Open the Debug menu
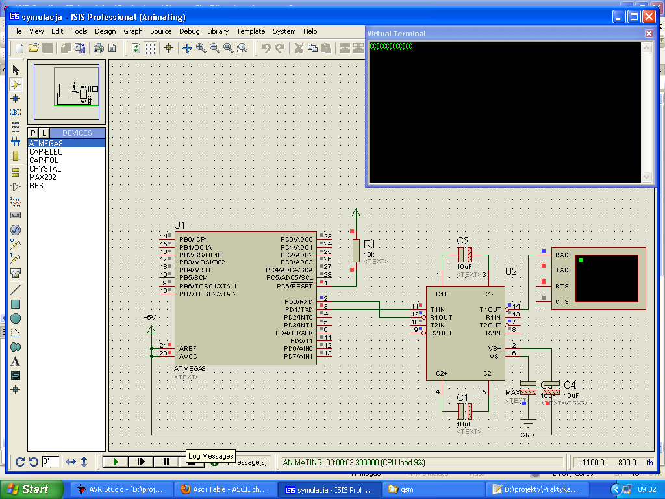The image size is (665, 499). tap(189, 31)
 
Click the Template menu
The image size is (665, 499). tap(251, 31)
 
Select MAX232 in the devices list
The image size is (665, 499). tap(42, 177)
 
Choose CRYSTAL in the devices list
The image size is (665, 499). tap(45, 169)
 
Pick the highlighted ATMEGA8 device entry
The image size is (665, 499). tap(45, 144)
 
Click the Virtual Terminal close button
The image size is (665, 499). tap(649, 33)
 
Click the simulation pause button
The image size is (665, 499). tap(166, 461)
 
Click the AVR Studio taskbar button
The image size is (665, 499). tap(121, 489)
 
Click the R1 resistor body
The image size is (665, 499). tap(355, 249)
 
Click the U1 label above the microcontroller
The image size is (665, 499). tap(180, 225)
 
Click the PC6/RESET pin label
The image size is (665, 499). tap(294, 286)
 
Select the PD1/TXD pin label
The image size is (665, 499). tap(298, 309)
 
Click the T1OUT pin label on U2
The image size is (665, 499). tap(490, 309)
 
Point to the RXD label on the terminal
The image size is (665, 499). tap(562, 255)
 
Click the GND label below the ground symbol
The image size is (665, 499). tap(527, 434)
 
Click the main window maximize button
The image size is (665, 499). tap(634, 17)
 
